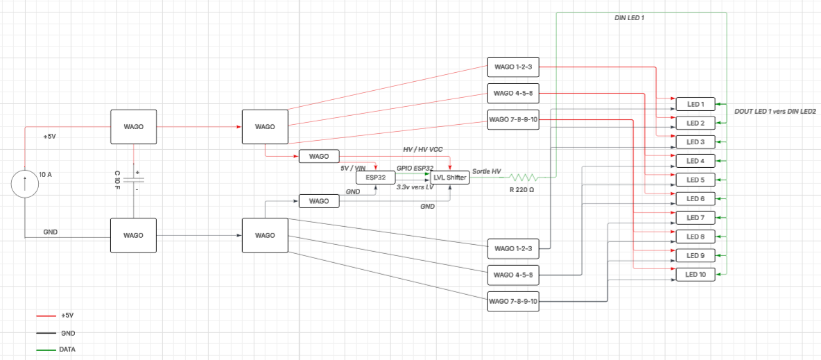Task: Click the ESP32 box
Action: click(375, 178)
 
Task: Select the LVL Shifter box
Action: click(450, 178)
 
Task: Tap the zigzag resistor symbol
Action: click(521, 178)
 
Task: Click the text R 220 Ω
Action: click(521, 189)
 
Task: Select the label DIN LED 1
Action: click(630, 18)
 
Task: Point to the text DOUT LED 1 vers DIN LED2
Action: click(772, 112)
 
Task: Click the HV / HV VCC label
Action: click(422, 150)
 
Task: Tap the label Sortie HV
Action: click(487, 171)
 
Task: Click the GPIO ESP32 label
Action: click(415, 168)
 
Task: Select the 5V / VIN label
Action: click(353, 168)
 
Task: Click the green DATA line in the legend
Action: click(45, 349)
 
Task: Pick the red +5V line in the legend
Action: click(45, 316)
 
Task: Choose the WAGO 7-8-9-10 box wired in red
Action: click(512, 119)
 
